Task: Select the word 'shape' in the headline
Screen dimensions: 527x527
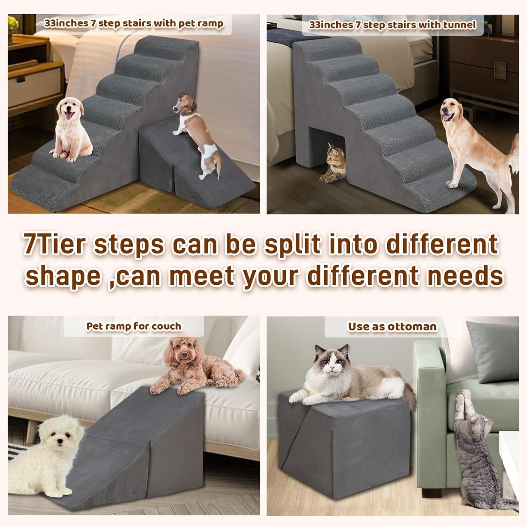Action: [63, 276]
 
